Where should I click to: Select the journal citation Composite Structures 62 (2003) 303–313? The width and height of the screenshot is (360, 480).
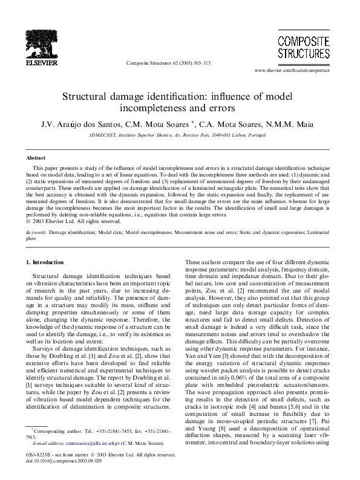168,62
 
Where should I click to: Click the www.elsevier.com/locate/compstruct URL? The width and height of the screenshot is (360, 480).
295,71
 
